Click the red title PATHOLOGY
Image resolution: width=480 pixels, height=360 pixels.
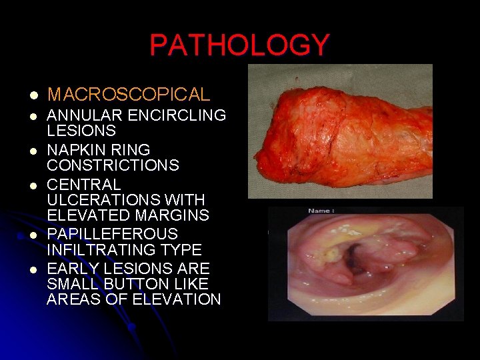pyautogui.click(x=239, y=45)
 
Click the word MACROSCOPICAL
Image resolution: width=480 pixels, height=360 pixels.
pyautogui.click(x=129, y=95)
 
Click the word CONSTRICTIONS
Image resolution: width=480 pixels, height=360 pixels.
pyautogui.click(x=113, y=165)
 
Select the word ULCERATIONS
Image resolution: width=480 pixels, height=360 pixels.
pyautogui.click(x=99, y=200)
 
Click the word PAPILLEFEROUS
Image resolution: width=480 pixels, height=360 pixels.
pyautogui.click(x=112, y=234)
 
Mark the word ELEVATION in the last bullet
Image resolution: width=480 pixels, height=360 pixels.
pyautogui.click(x=177, y=299)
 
